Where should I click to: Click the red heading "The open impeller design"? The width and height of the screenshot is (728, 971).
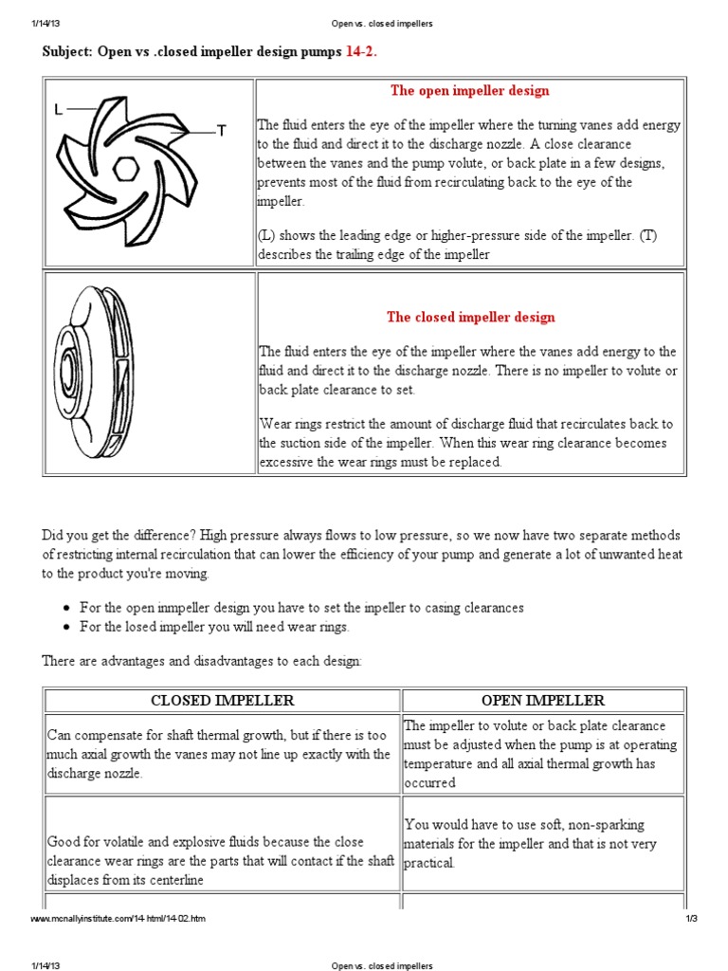pos(469,91)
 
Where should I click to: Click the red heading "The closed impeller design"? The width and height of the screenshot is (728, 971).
pos(470,318)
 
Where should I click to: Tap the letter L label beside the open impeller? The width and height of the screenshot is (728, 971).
pos(59,110)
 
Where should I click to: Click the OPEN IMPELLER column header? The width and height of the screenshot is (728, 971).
pos(543,701)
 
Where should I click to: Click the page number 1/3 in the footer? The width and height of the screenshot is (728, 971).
pos(691,920)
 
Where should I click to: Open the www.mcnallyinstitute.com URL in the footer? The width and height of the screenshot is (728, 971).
pos(118,920)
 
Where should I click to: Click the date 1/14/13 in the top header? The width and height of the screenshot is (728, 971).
pos(45,24)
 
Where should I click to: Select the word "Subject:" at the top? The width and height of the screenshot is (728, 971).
pos(66,51)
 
